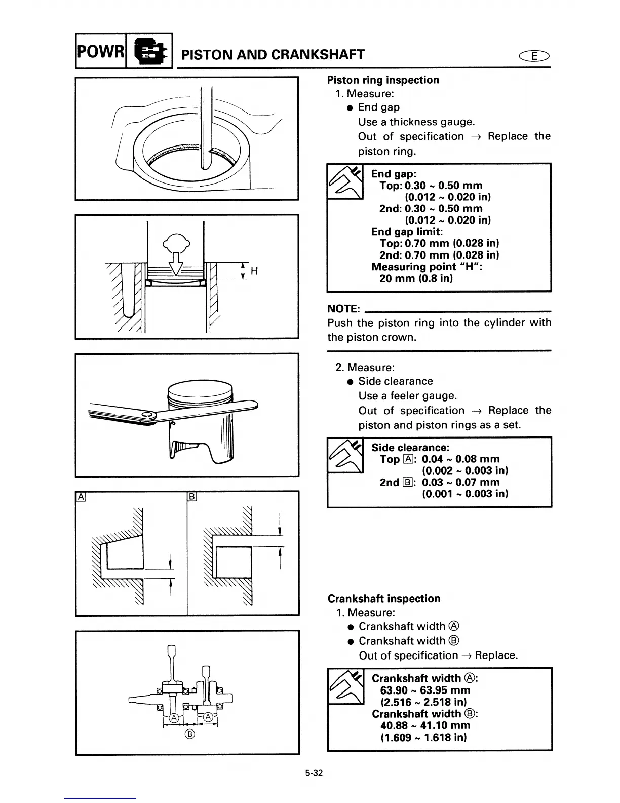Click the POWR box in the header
pos(100,51)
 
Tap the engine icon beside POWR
pos(149,51)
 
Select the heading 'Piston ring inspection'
pos(383,80)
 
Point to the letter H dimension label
pos(254,271)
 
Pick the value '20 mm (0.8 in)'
pos(416,278)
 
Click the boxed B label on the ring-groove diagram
pos(192,497)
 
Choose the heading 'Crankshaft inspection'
pos(384,599)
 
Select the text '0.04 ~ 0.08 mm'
pos(460,459)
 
